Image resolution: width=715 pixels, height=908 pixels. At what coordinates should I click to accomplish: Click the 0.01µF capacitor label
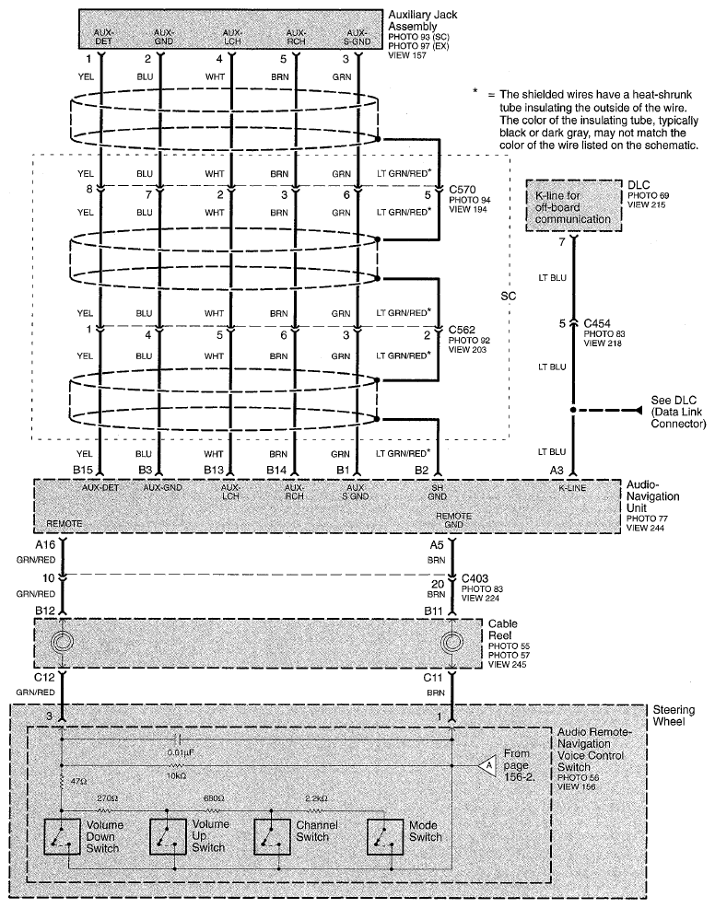[180, 753]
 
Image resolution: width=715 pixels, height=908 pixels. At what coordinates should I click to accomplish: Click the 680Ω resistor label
[215, 797]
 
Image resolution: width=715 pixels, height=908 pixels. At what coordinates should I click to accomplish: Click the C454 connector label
[599, 322]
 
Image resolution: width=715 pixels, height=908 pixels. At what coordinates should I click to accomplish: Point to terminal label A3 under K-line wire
[558, 470]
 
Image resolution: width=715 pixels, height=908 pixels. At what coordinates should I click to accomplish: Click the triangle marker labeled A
[486, 763]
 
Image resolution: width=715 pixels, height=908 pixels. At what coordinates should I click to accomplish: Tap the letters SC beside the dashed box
[508, 297]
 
